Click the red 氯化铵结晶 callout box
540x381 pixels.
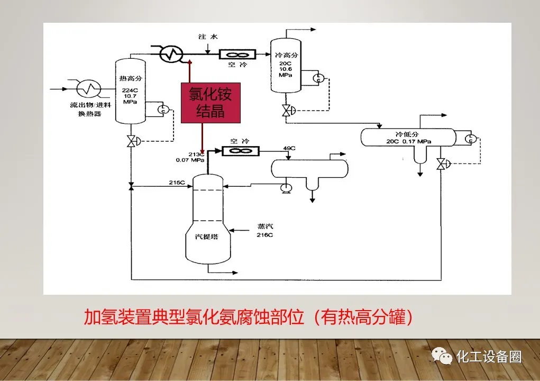tap(210, 103)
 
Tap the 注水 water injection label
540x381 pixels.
tap(207, 37)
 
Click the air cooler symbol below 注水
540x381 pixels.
tap(237, 54)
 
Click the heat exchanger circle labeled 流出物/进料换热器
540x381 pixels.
tap(88, 88)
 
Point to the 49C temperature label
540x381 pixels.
tap(289, 148)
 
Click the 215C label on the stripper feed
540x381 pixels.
tap(177, 183)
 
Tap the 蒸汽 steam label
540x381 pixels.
tap(266, 226)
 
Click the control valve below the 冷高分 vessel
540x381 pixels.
tap(287, 111)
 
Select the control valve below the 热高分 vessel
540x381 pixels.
tap(131, 141)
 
